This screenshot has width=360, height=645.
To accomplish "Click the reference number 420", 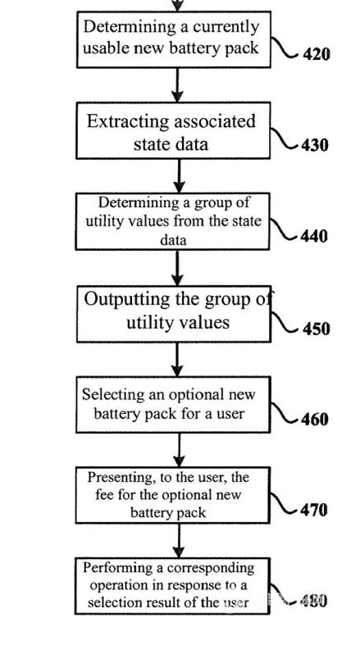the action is (x=317, y=54).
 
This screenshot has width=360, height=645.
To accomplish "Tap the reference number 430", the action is (x=315, y=145).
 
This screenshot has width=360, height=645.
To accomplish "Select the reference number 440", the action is (x=314, y=236).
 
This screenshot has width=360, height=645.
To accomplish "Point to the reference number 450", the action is (x=317, y=329).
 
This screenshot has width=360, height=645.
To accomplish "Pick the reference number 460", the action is (x=315, y=419).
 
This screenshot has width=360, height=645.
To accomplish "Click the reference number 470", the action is (x=314, y=510).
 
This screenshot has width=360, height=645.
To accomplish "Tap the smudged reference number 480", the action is (x=313, y=601).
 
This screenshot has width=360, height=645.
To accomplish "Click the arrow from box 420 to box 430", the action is (x=177, y=85).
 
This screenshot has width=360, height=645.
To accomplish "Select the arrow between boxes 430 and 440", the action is (x=179, y=175).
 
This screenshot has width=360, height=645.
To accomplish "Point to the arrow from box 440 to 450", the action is (x=177, y=268).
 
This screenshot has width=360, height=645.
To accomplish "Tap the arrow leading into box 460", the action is (x=177, y=359).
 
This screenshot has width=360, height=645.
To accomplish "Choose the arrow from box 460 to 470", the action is (x=179, y=450).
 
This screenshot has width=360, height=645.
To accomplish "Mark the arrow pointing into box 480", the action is (x=179, y=541).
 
